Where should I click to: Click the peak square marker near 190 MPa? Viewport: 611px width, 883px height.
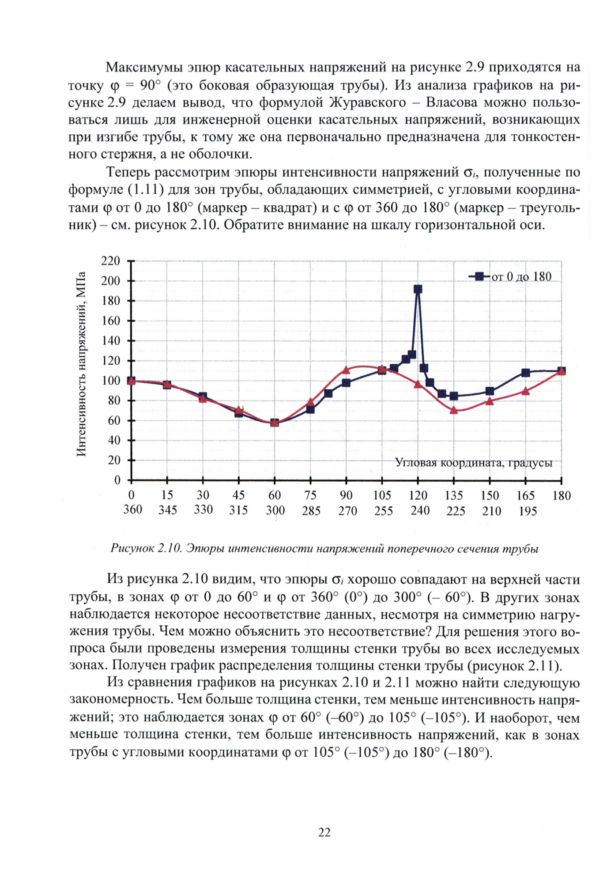(418, 289)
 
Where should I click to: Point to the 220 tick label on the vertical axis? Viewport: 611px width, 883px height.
(110, 261)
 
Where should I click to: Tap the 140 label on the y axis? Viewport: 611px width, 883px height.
(110, 340)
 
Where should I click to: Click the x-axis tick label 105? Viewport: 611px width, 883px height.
(382, 495)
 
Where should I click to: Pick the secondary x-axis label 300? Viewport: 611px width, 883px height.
(275, 510)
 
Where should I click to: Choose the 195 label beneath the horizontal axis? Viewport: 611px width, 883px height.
(527, 511)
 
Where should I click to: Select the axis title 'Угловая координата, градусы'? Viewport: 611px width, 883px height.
(473, 463)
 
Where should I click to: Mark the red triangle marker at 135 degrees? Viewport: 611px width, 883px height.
(453, 410)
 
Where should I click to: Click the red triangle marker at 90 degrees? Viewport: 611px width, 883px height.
(346, 370)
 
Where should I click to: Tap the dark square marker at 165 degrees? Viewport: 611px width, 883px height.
(525, 373)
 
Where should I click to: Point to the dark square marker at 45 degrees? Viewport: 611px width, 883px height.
(238, 413)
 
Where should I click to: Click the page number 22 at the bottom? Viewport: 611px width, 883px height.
(324, 832)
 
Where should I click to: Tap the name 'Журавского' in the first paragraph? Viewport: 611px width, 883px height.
(367, 102)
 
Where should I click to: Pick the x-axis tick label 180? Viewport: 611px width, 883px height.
(561, 495)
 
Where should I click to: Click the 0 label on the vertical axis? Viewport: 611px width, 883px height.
(117, 480)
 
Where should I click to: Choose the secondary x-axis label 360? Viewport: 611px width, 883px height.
(132, 509)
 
